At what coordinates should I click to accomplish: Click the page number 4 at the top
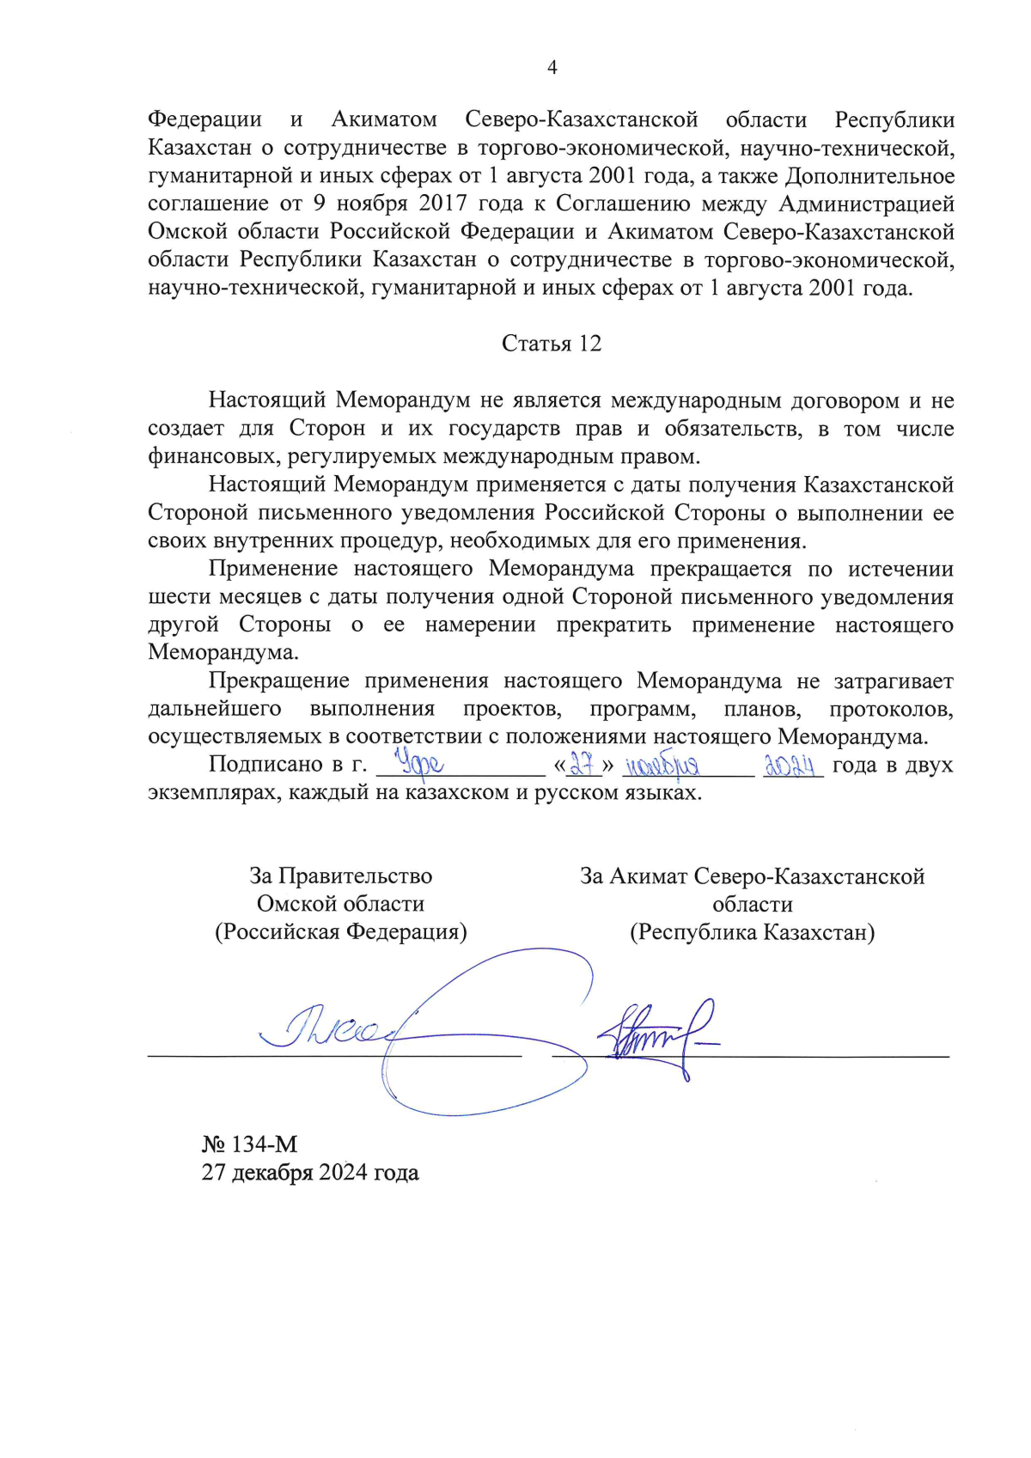pyautogui.click(x=552, y=68)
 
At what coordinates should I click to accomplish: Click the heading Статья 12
pyautogui.click(x=552, y=344)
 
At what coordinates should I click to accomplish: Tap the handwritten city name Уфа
pyautogui.click(x=418, y=763)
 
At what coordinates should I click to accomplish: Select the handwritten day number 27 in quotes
pyautogui.click(x=584, y=764)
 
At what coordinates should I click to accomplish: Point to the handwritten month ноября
pyautogui.click(x=662, y=765)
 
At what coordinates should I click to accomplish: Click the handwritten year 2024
pyautogui.click(x=790, y=764)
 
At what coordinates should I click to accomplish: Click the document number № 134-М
pyautogui.click(x=249, y=1144)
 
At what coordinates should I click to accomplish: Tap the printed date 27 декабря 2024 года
pyautogui.click(x=310, y=1173)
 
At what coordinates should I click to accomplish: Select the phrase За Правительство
pyautogui.click(x=341, y=875)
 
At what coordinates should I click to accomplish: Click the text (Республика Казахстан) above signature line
pyautogui.click(x=752, y=932)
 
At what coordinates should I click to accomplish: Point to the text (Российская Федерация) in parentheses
pyautogui.click(x=341, y=932)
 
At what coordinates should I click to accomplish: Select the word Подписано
pyautogui.click(x=265, y=764)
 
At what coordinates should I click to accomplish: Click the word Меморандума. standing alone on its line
pyautogui.click(x=223, y=652)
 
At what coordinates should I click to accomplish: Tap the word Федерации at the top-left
pyautogui.click(x=204, y=119)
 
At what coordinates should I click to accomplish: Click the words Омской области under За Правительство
pyautogui.click(x=341, y=904)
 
